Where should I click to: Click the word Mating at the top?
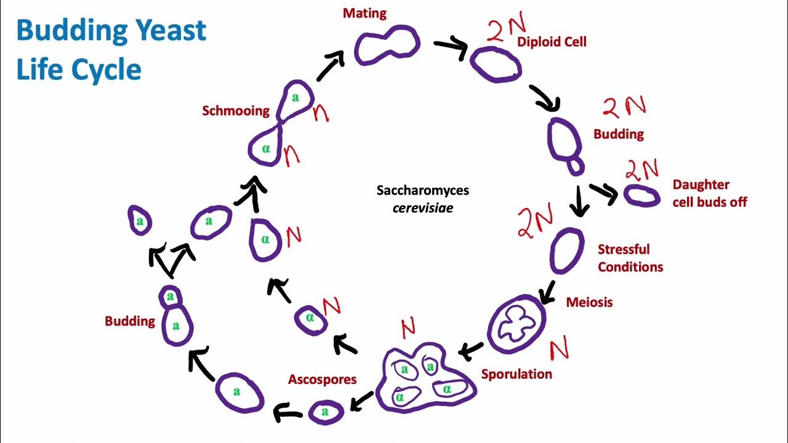tap(365, 13)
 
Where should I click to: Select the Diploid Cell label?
tap(552, 42)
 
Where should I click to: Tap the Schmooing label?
tap(236, 111)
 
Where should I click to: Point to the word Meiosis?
tap(589, 302)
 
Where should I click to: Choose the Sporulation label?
tap(517, 374)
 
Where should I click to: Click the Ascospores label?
tap(322, 379)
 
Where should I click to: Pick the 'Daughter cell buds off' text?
tap(709, 193)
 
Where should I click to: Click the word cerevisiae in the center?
tap(423, 208)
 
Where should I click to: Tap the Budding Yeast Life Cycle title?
tap(111, 49)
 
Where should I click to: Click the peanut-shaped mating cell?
tap(387, 45)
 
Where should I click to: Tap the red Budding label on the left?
tap(129, 321)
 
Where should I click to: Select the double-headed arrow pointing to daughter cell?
tap(604, 193)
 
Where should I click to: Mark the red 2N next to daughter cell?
tap(642, 169)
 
